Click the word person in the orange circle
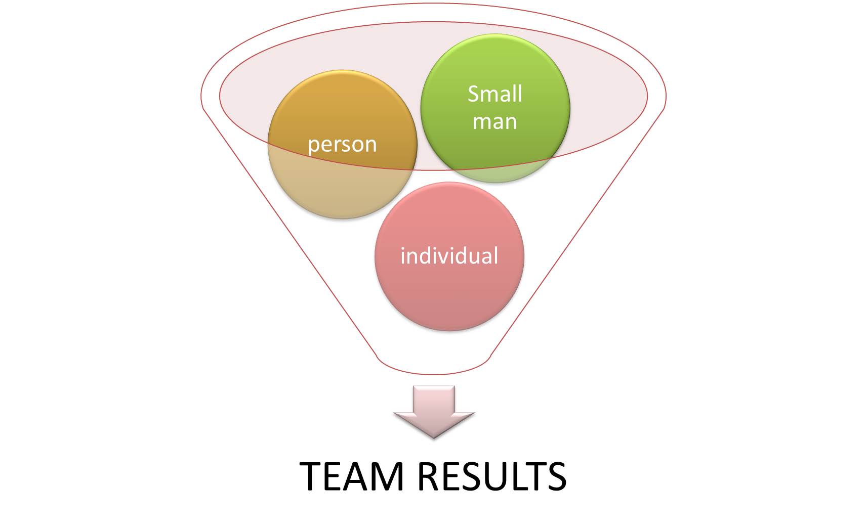click(342, 145)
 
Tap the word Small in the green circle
click(494, 94)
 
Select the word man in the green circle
click(494, 122)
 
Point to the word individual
click(449, 256)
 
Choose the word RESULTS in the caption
click(491, 476)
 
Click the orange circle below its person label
click(342, 187)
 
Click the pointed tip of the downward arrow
click(434, 436)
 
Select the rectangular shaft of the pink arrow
click(434, 399)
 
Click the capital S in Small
click(474, 94)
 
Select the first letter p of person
click(313, 146)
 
